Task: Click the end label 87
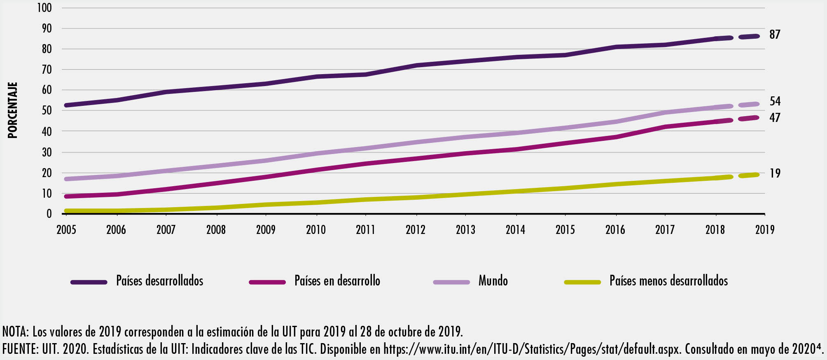point(775,35)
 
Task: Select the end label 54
point(775,101)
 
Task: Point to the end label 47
point(775,118)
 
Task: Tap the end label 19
point(775,173)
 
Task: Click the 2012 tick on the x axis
point(416,229)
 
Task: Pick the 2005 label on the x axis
point(66,229)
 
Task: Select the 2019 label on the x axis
point(765,229)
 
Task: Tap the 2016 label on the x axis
point(615,229)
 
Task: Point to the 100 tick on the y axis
point(44,8)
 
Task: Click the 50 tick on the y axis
point(47,110)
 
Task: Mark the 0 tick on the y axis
point(49,214)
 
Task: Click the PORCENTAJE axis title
point(13,110)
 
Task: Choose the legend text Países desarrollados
point(160,281)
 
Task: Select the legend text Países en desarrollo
point(337,281)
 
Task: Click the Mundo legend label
point(493,281)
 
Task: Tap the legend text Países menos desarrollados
point(668,281)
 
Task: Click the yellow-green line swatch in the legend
point(582,282)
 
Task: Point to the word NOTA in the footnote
point(15,332)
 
